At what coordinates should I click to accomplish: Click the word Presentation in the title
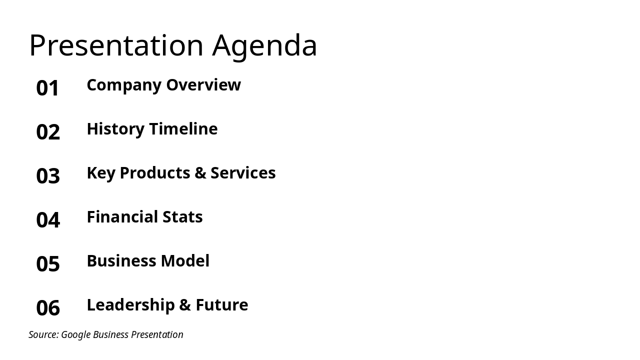click(x=116, y=45)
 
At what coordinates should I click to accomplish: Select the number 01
click(x=48, y=88)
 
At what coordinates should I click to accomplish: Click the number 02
click(x=48, y=132)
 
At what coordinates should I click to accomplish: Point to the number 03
click(x=48, y=176)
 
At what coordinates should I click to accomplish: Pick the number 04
click(x=48, y=220)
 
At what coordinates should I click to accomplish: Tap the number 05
click(x=48, y=264)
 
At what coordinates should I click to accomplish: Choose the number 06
click(x=48, y=308)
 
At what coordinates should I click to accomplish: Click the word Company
click(x=124, y=85)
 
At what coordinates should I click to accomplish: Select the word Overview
click(x=203, y=85)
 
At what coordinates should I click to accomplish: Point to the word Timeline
click(x=183, y=129)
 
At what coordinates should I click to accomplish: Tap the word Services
click(x=243, y=173)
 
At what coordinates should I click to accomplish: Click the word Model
click(x=186, y=261)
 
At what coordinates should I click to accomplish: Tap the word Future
click(x=222, y=305)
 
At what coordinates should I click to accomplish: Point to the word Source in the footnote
click(x=43, y=335)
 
